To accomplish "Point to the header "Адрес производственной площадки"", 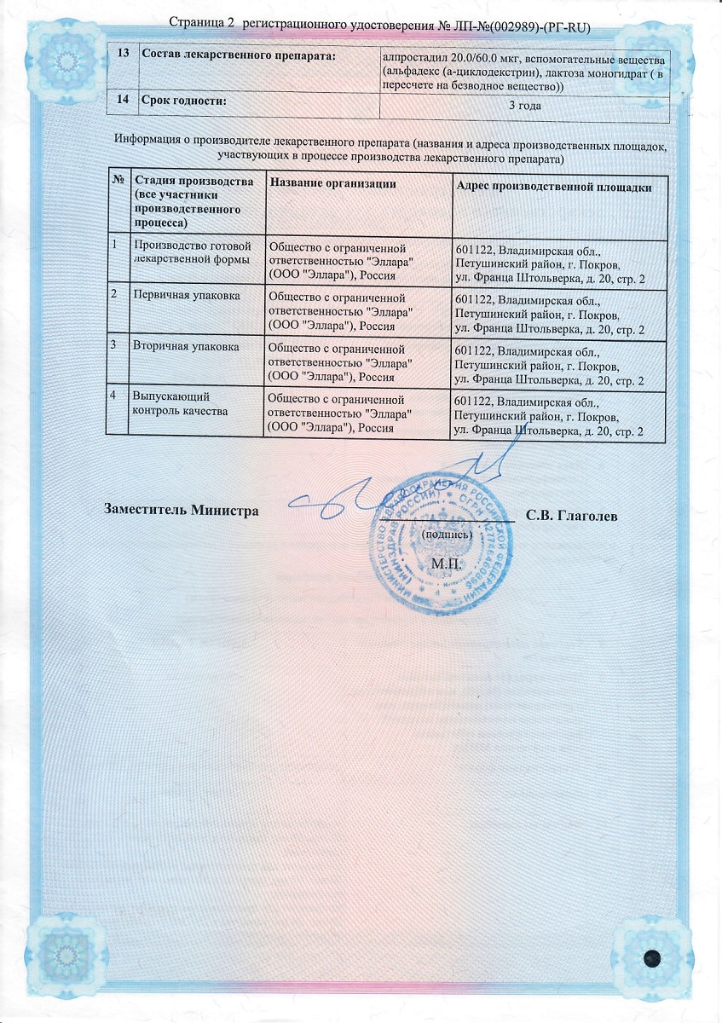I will tap(554, 187).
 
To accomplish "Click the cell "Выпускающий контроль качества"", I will tap(178, 403).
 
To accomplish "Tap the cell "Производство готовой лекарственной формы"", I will tap(191, 253).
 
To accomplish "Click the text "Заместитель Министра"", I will tap(181, 511).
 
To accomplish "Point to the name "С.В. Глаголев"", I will tap(572, 516).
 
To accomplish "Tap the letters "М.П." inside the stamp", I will tap(446, 564).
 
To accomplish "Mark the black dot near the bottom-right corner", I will tap(653, 957).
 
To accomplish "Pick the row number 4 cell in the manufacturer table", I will tap(113, 396).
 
